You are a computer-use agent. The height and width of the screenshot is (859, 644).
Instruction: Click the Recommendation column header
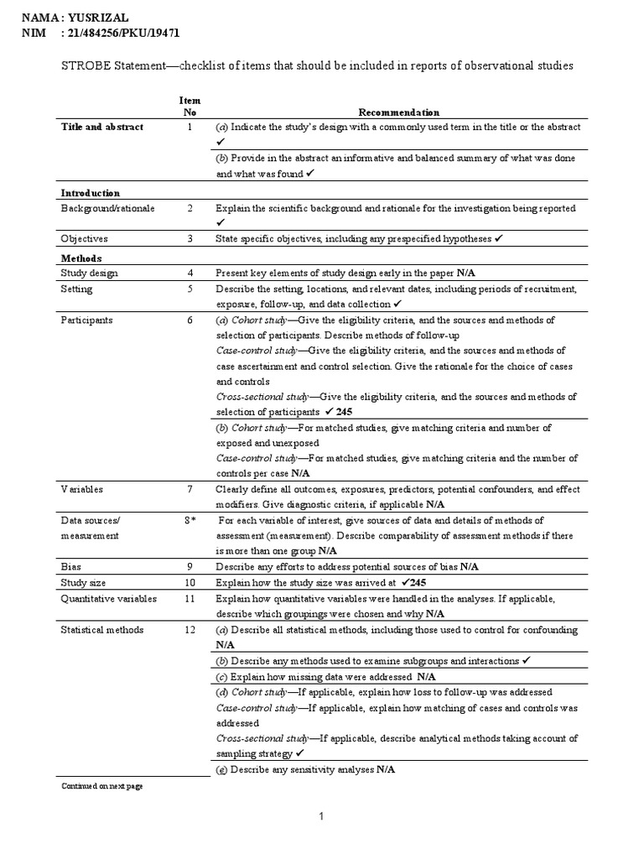pyautogui.click(x=398, y=112)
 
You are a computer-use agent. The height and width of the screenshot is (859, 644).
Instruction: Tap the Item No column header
pyautogui.click(x=190, y=106)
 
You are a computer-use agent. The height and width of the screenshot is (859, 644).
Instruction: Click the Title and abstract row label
pyautogui.click(x=101, y=127)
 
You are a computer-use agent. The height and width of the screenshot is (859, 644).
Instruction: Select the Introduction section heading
pyautogui.click(x=91, y=192)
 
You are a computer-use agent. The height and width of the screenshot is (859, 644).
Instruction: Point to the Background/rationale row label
pyautogui.click(x=107, y=208)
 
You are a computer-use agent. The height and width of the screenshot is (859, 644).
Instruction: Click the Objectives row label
pyautogui.click(x=85, y=238)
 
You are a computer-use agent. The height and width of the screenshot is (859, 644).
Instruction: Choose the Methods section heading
pyautogui.click(x=81, y=258)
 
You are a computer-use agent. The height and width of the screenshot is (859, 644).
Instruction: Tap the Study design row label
pyautogui.click(x=89, y=273)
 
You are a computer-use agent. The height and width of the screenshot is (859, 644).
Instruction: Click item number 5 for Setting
pyautogui.click(x=190, y=289)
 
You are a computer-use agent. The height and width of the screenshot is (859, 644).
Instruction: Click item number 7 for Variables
pyautogui.click(x=190, y=489)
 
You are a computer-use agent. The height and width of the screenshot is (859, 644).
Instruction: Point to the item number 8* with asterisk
pyautogui.click(x=190, y=520)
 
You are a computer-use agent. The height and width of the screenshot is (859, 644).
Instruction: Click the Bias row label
pyautogui.click(x=70, y=566)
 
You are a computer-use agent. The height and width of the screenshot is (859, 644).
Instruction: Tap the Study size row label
pyautogui.click(x=85, y=582)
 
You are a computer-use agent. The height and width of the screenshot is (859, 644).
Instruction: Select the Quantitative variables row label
pyautogui.click(x=103, y=599)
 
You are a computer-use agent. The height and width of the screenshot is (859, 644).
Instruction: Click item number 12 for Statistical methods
pyautogui.click(x=190, y=629)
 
